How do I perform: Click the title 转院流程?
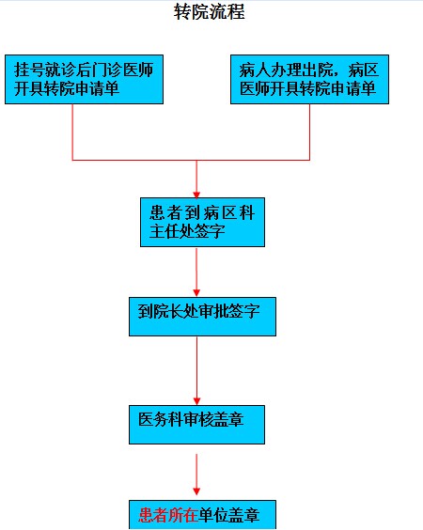click(210, 11)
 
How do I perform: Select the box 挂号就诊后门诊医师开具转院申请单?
click(85, 80)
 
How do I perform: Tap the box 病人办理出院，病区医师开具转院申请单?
click(309, 80)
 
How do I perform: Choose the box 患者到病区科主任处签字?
click(202, 222)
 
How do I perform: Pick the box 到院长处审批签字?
click(202, 317)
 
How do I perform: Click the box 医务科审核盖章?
click(196, 425)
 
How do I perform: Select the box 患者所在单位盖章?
click(202, 515)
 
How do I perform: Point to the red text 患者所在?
click(168, 515)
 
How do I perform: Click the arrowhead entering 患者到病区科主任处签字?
click(196, 195)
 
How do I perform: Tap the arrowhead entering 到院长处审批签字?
click(196, 292)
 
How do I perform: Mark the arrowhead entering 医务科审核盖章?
click(196, 401)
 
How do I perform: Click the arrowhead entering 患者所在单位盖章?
click(196, 491)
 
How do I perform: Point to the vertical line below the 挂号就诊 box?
click(72, 132)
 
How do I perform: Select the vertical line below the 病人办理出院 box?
click(309, 132)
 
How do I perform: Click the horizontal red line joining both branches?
click(191, 160)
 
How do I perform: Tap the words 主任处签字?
click(187, 231)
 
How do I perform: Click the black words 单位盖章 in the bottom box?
click(229, 515)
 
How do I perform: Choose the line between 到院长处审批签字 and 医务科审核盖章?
click(196, 367)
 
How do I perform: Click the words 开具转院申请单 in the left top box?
click(67, 88)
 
